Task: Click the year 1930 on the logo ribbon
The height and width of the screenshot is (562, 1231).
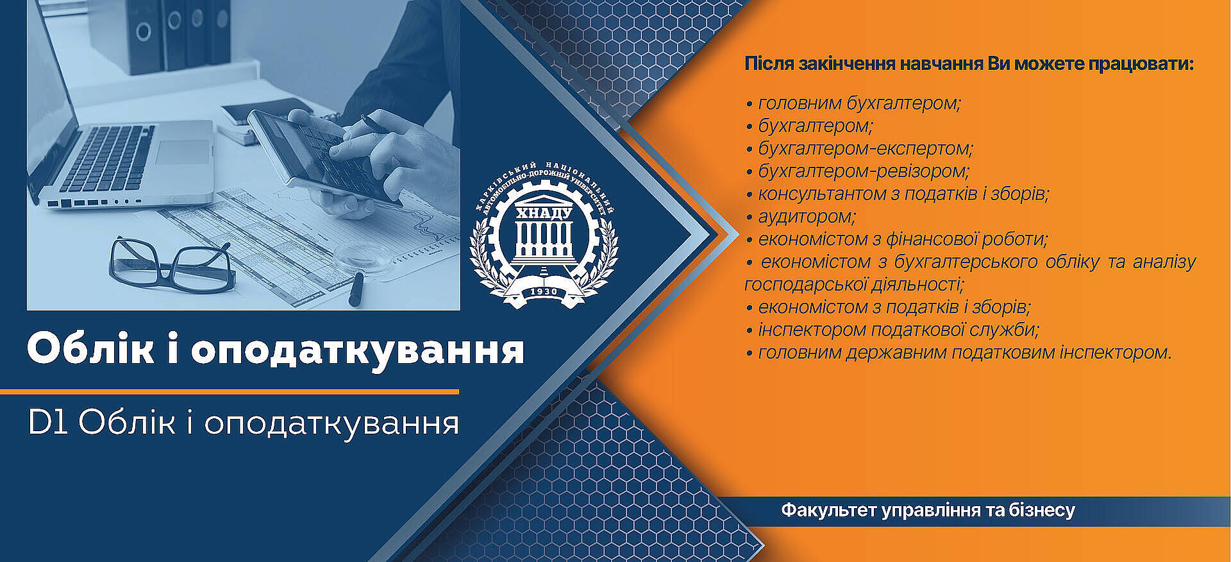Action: tap(543, 292)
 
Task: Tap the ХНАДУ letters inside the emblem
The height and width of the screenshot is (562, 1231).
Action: tap(544, 213)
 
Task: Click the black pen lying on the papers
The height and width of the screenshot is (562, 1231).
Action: tap(356, 289)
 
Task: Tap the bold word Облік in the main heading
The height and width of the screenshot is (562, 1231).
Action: tap(90, 350)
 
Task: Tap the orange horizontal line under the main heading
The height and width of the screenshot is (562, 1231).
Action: tap(230, 391)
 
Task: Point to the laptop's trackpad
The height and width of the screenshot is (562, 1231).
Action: tap(183, 152)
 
